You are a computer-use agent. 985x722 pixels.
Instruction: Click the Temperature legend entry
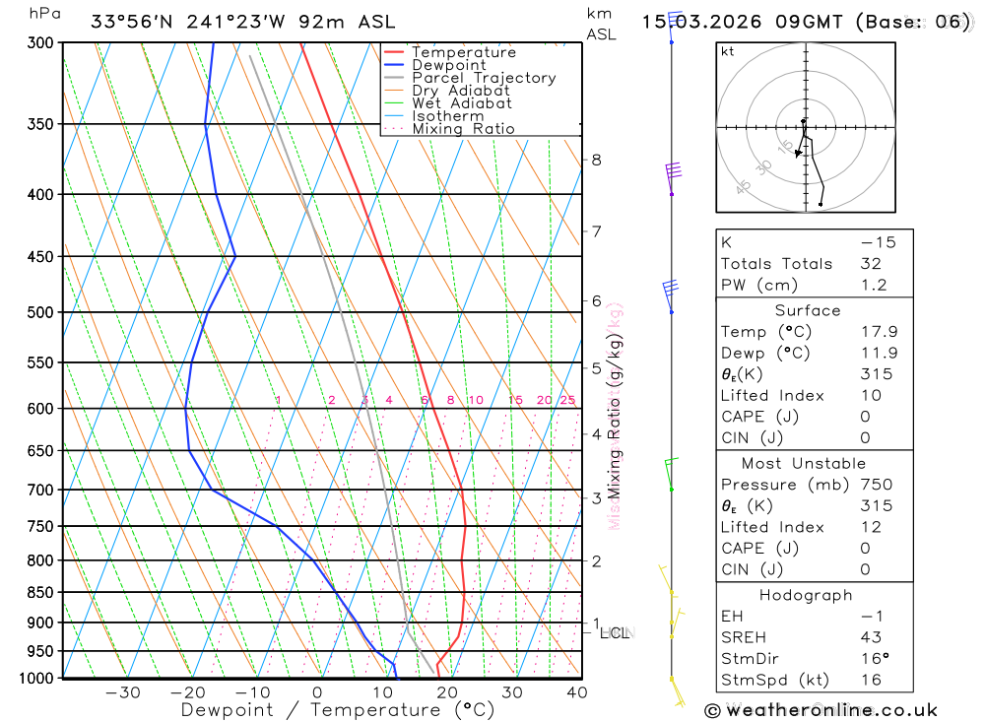point(463,52)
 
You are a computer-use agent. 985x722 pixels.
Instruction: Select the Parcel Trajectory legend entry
point(484,78)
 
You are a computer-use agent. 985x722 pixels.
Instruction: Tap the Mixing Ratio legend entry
point(463,129)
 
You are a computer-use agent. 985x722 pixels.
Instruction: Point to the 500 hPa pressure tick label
point(42,312)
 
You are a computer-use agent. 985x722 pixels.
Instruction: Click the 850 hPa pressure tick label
point(42,593)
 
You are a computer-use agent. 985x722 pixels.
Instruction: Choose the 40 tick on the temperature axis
point(577,692)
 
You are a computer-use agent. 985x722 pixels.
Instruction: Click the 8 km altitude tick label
point(596,160)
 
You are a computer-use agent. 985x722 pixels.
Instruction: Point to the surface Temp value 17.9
point(877,332)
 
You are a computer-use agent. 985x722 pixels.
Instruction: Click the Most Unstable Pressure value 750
point(876,485)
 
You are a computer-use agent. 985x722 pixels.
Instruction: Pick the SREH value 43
point(870,637)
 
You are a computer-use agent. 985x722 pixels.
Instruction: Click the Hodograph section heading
point(806,596)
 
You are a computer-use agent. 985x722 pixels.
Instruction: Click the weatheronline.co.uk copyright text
point(821,710)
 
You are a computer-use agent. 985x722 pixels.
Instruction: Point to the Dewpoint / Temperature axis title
point(338,710)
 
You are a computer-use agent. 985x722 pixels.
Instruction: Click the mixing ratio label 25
point(567,400)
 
